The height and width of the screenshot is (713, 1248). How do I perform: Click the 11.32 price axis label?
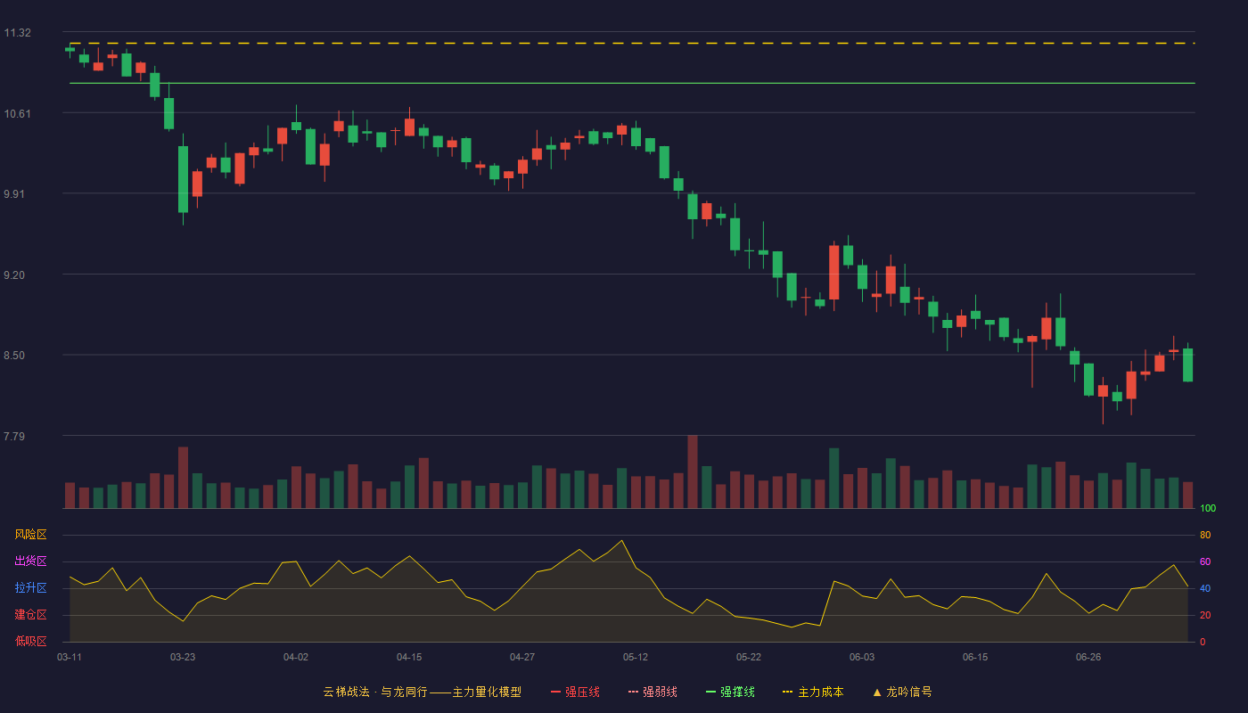(x=17, y=33)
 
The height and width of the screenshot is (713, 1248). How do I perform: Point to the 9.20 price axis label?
(x=14, y=275)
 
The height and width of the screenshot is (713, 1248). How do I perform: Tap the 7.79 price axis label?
(x=14, y=436)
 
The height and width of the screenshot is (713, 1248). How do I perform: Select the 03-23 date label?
(x=183, y=658)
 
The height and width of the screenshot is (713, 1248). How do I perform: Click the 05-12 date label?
(x=636, y=658)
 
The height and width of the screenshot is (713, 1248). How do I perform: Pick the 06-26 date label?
(x=1088, y=658)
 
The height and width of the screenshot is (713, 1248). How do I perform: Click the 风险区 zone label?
(x=30, y=535)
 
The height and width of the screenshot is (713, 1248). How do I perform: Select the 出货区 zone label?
(x=30, y=561)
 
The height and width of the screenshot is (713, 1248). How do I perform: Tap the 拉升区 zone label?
(x=30, y=587)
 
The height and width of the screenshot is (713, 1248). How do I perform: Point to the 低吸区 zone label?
(x=30, y=641)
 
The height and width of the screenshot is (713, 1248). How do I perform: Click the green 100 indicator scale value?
(x=1208, y=508)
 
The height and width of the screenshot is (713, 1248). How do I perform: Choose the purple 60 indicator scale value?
(x=1205, y=561)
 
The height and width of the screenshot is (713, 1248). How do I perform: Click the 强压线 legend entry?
(x=575, y=692)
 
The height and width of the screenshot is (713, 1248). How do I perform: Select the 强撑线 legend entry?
(x=730, y=692)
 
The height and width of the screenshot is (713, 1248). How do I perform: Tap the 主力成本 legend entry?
(x=813, y=692)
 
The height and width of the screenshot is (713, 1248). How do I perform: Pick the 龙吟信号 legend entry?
(x=902, y=692)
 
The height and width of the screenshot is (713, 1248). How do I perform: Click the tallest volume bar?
(x=693, y=471)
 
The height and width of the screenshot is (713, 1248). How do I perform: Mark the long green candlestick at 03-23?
(x=183, y=179)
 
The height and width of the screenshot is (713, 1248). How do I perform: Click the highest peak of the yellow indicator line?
(x=622, y=540)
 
